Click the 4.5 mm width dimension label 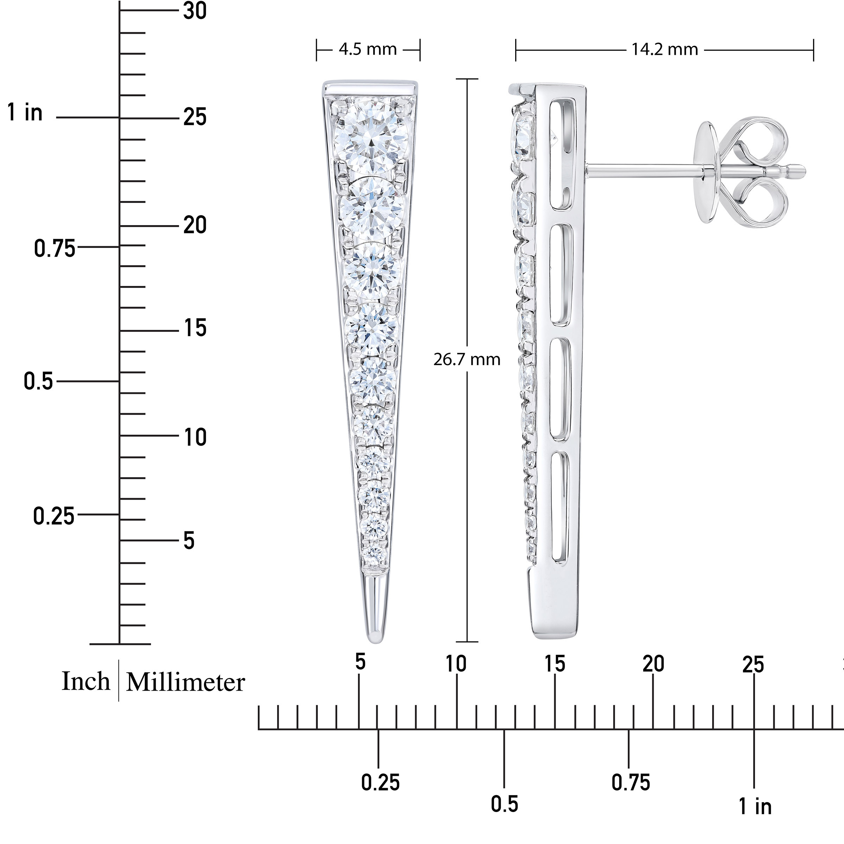(367, 49)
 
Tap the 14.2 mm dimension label (664, 49)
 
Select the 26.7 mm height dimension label (467, 359)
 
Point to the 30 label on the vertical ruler (195, 11)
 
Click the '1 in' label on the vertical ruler (25, 112)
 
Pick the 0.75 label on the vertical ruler (55, 249)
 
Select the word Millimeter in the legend (185, 682)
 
